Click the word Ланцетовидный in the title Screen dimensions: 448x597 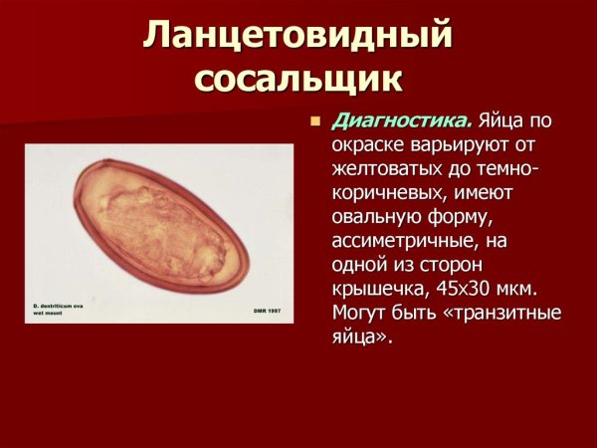click(298, 38)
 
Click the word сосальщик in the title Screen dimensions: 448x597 click(298, 80)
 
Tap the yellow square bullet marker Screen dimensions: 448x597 click(315, 123)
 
